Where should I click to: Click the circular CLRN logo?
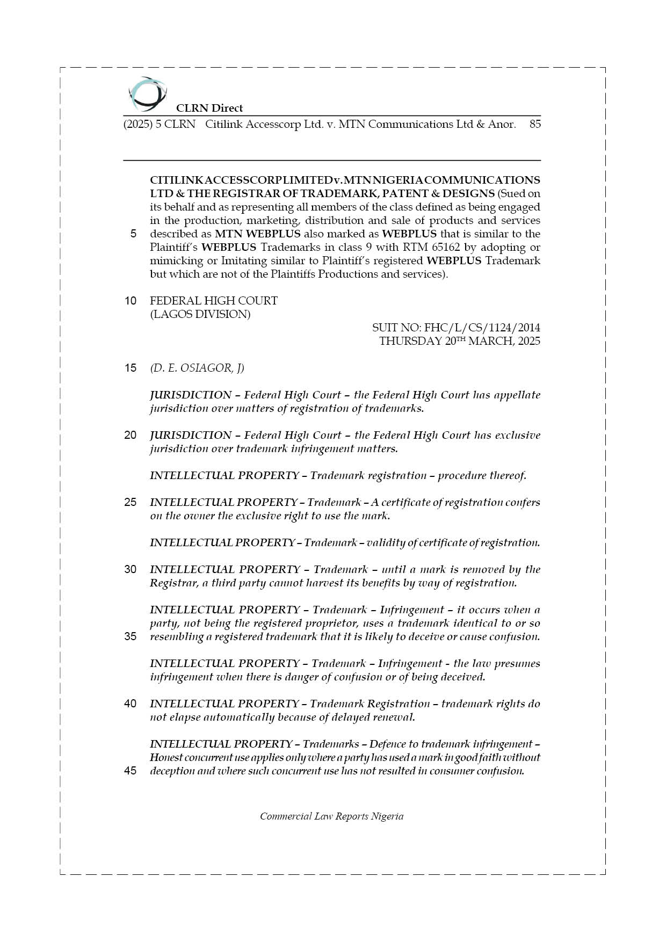pos(146,93)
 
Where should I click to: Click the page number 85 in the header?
pos(534,124)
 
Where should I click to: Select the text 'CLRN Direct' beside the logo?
pos(209,108)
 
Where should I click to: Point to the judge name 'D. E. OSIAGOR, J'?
pos(197,368)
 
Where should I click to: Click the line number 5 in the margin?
pos(133,234)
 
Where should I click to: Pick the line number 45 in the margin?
pos(131,771)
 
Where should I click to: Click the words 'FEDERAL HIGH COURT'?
pos(214,301)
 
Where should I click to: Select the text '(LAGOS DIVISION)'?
pos(200,314)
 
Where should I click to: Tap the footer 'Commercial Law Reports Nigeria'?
pos(331,816)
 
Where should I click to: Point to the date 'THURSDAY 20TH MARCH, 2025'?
pos(459,341)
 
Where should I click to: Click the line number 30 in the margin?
pos(131,569)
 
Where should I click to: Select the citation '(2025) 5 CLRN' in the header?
pos(159,124)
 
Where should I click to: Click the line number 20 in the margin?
pos(131,435)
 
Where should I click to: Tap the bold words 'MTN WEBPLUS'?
pos(258,234)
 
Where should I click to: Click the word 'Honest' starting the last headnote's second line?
pos(166,757)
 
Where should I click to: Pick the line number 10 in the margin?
pos(131,301)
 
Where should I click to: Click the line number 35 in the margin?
pos(131,636)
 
